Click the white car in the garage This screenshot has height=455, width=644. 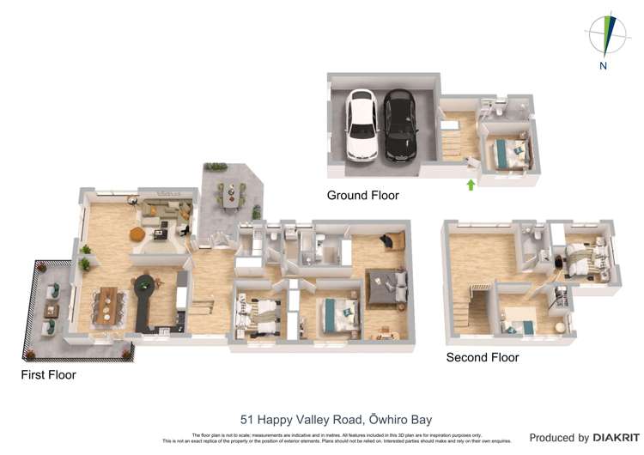[361, 125]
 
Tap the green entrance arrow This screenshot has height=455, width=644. [470, 183]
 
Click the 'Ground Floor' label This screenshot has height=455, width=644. [362, 196]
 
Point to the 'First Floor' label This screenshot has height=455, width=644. [48, 375]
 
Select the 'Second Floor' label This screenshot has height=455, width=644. [482, 357]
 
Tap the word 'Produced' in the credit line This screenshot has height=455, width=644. [558, 438]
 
